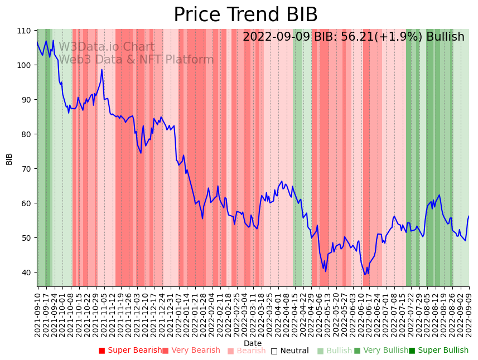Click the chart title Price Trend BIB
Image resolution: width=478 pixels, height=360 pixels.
point(245,14)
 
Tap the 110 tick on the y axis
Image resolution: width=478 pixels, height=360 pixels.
point(24,30)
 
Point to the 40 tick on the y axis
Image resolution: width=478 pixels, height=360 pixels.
point(26,272)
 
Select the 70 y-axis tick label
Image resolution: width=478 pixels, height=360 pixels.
point(26,168)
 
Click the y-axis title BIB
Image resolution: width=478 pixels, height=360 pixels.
point(9,158)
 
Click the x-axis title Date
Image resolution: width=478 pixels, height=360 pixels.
point(253,343)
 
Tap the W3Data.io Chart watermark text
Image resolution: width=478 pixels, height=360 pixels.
point(107,47)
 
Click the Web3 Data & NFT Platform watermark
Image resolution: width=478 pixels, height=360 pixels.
point(136,60)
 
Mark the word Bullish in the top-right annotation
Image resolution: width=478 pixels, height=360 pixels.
point(445,37)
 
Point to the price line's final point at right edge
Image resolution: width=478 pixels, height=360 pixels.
point(469,216)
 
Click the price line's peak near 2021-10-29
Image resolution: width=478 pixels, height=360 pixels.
point(102,70)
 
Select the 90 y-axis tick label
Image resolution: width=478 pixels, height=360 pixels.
point(26,99)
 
